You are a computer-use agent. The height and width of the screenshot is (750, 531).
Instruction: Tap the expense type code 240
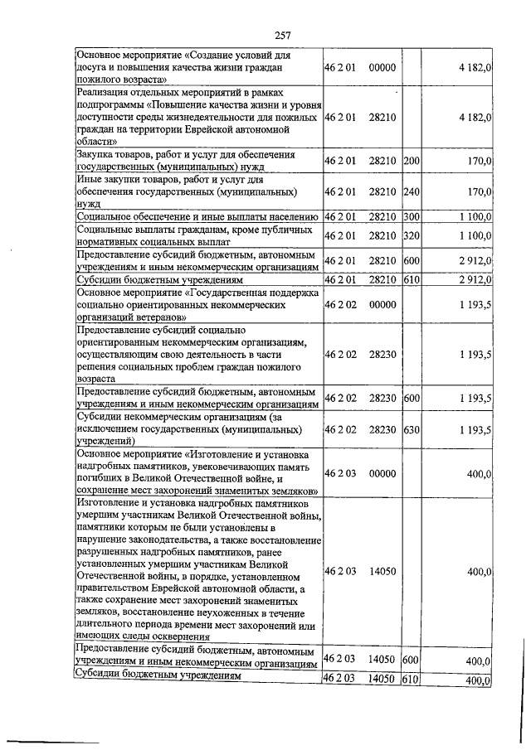coord(412,191)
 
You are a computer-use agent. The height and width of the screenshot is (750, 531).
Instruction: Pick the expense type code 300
coord(412,216)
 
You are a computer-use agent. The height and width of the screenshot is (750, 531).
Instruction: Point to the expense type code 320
coord(412,235)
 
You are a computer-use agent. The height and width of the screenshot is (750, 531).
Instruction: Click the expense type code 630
coord(412,429)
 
